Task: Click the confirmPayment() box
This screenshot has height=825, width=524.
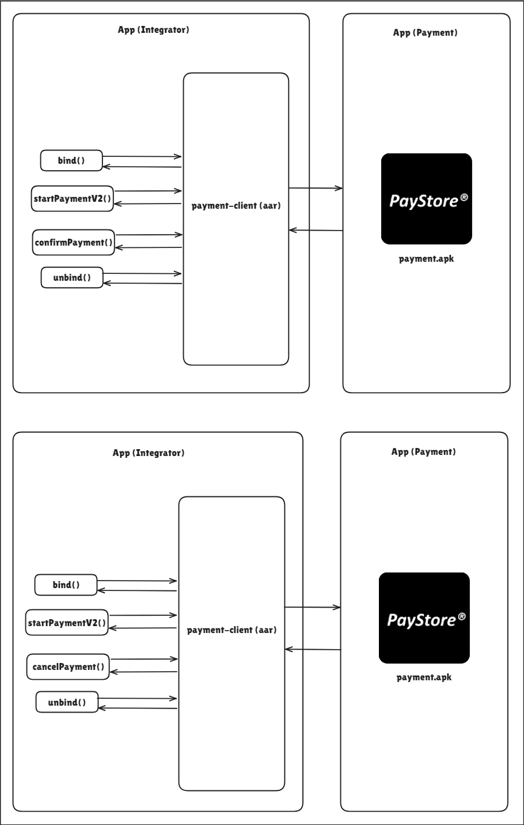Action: pos(73,242)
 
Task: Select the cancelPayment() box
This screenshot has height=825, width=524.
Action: pos(68,666)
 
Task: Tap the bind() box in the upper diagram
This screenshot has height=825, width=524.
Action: pos(71,160)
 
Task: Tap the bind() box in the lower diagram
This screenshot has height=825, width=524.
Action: pos(66,585)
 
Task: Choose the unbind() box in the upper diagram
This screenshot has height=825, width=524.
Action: pos(72,277)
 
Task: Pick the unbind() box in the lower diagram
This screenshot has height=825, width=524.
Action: pos(67,702)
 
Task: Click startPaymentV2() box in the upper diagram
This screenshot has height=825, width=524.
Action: pos(72,198)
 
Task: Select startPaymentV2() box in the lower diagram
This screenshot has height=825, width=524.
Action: pos(67,623)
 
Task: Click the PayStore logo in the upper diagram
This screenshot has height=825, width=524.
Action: pos(427,199)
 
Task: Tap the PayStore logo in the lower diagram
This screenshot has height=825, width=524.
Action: pos(424,618)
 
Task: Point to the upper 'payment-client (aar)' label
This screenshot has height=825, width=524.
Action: pos(236,205)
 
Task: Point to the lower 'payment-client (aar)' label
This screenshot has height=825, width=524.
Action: pos(231,630)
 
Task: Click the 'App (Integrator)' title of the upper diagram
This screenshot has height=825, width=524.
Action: pos(153,30)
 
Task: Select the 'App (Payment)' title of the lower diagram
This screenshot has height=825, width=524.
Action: pos(424,452)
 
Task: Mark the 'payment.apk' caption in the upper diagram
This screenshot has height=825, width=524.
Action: pos(427,258)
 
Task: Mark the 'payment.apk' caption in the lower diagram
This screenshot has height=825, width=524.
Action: pos(424,677)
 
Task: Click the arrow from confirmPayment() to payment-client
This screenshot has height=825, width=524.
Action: pos(149,235)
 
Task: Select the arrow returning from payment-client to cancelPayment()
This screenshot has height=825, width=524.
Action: pos(143,672)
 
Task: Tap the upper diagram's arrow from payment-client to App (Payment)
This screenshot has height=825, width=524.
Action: pos(316,188)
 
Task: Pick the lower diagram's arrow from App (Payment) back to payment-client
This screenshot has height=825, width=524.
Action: pos(313,649)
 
